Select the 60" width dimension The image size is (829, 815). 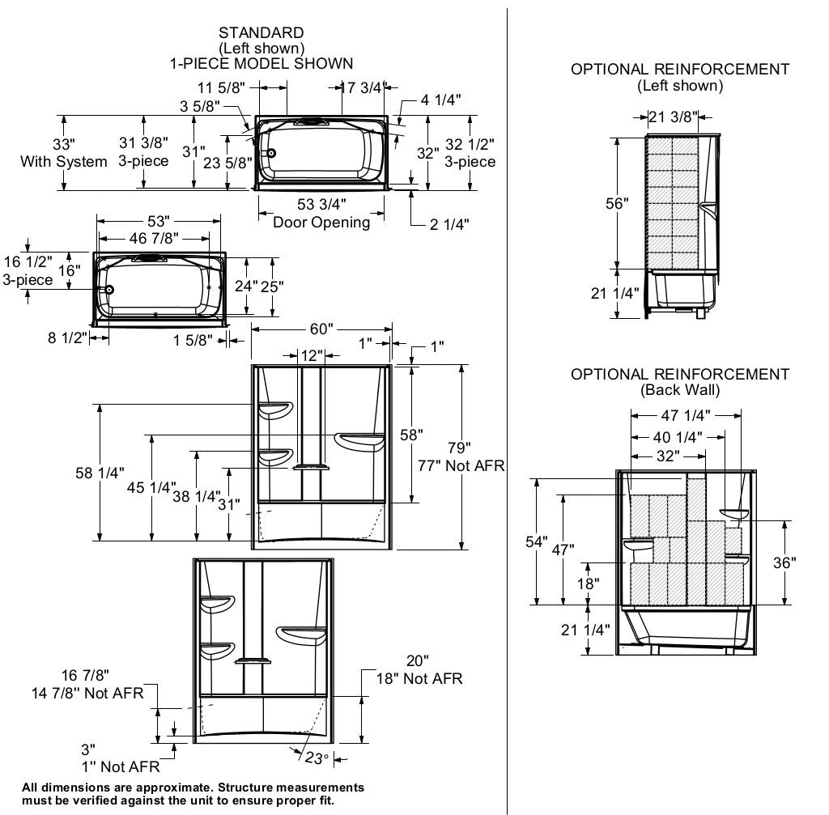[x=321, y=329]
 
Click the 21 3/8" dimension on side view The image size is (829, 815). [x=673, y=117]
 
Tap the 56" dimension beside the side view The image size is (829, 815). [x=617, y=203]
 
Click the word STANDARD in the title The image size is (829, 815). [x=261, y=33]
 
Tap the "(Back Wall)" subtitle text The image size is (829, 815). [x=680, y=389]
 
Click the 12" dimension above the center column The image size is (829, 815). [x=312, y=356]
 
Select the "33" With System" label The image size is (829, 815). [x=64, y=153]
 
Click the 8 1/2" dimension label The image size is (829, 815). [x=66, y=337]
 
